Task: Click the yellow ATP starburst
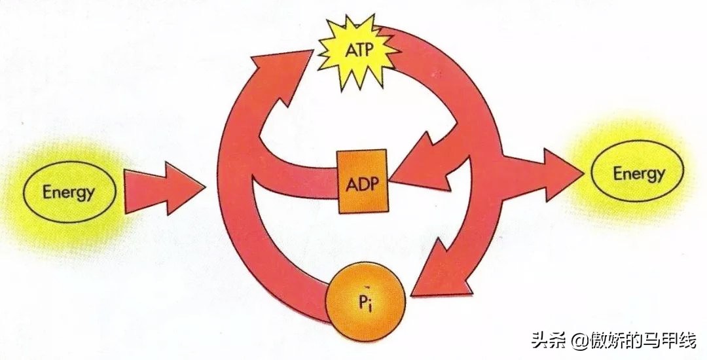click(x=357, y=52)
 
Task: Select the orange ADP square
click(x=362, y=181)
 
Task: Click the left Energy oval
click(x=69, y=192)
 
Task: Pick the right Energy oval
click(x=638, y=173)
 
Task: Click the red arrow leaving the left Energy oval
click(x=164, y=189)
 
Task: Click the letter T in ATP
click(x=359, y=51)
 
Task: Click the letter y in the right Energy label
click(x=659, y=175)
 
